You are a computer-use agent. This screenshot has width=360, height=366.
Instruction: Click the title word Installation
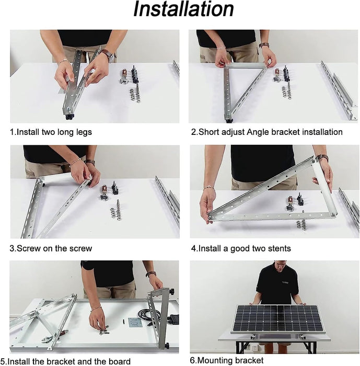pyautogui.click(x=183, y=10)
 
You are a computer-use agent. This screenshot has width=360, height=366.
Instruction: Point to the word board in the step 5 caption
pyautogui.click(x=119, y=361)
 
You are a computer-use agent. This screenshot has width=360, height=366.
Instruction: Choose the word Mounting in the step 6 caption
pyautogui.click(x=219, y=360)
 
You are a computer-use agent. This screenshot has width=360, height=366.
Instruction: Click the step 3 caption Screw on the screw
pyautogui.click(x=51, y=248)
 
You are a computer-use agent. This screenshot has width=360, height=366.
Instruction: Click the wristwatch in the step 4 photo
pyautogui.click(x=322, y=157)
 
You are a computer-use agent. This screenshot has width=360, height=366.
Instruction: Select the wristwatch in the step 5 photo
pyautogui.click(x=151, y=274)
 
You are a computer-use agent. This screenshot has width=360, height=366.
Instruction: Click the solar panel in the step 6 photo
pyautogui.click(x=277, y=318)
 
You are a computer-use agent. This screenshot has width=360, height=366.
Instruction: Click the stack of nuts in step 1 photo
pyautogui.click(x=135, y=94)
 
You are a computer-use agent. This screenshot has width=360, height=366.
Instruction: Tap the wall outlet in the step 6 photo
pyautogui.click(x=252, y=346)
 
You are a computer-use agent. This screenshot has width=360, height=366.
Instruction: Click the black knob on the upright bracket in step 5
pyautogui.click(x=171, y=291)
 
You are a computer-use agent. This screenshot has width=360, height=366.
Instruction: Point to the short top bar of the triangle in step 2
pyautogui.click(x=246, y=66)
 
